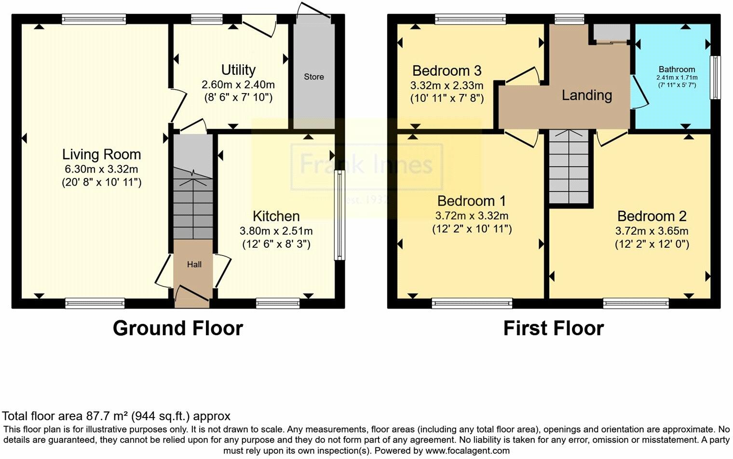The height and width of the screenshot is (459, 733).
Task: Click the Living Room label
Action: click(x=101, y=155)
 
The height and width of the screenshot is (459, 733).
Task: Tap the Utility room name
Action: click(x=238, y=70)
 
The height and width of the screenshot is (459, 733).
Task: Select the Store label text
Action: click(x=313, y=77)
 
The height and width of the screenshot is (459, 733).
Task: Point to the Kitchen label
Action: click(x=276, y=216)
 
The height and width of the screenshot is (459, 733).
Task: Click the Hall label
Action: click(x=194, y=264)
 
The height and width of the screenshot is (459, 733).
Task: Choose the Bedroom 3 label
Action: click(x=447, y=71)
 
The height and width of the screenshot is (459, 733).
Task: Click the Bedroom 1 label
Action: click(x=472, y=201)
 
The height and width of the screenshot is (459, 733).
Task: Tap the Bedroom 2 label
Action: click(x=652, y=216)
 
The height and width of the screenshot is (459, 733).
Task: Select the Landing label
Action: click(x=586, y=95)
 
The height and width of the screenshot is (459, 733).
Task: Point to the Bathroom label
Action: click(x=677, y=69)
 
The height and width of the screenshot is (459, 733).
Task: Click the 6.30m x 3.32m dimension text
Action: click(x=101, y=169)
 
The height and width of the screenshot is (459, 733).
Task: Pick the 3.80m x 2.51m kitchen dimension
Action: click(x=276, y=231)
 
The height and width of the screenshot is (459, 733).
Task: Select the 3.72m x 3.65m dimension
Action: click(x=652, y=231)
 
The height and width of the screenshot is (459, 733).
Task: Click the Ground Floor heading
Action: click(x=177, y=328)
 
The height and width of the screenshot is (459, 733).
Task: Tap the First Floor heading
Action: click(x=553, y=328)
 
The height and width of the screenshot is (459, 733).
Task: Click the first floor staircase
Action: click(x=569, y=166)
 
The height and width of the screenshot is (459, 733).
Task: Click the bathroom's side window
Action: click(x=717, y=78)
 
